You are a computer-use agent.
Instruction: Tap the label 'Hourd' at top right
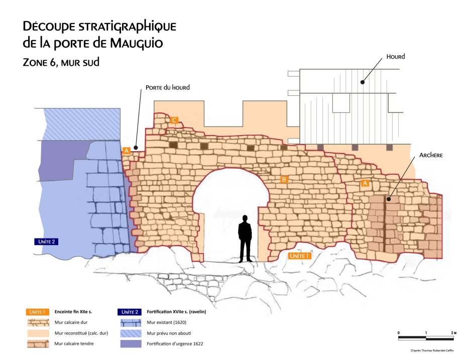[395, 57]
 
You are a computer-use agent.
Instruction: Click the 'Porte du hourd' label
[167, 87]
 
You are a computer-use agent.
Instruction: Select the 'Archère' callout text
[430, 156]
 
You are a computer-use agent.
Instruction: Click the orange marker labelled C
[174, 120]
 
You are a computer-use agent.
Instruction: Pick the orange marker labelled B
[284, 179]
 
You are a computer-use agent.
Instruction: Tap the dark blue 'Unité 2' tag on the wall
[47, 242]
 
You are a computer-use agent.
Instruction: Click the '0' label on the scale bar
[399, 333]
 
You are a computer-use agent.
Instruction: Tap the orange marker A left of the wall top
[126, 150]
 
